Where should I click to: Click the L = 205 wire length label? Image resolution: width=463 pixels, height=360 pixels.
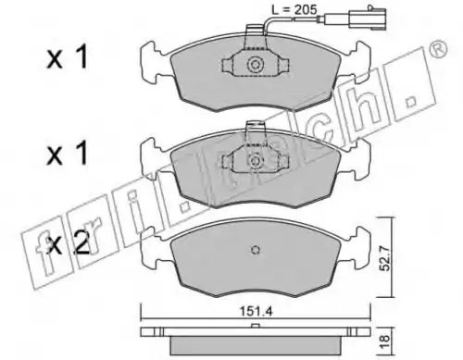pyautogui.click(x=294, y=10)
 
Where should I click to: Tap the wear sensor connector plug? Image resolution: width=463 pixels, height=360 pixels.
pyautogui.click(x=368, y=20)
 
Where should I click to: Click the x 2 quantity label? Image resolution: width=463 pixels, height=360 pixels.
pyautogui.click(x=69, y=242)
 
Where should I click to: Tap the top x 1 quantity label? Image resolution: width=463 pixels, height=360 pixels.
pyautogui.click(x=68, y=58)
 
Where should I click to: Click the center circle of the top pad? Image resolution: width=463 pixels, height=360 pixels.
pyautogui.click(x=256, y=65)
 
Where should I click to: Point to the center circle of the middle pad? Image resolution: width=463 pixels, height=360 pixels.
pyautogui.click(x=256, y=160)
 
